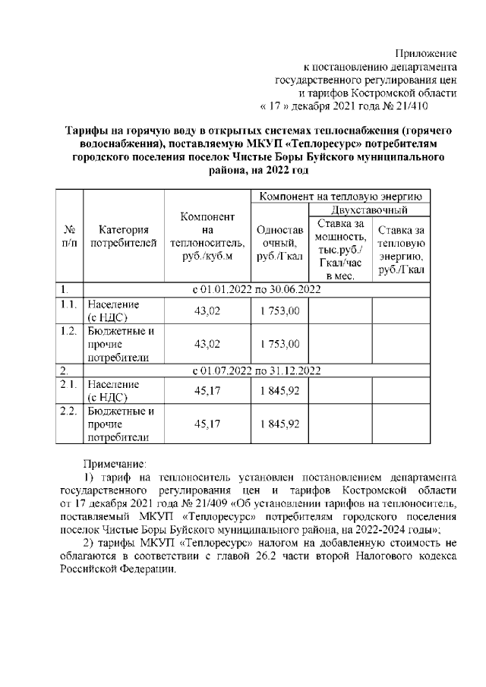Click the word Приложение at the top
[425, 54]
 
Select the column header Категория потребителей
[123, 236]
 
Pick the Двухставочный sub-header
[370, 210]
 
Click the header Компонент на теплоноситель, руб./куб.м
[207, 236]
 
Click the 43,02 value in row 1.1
[207, 310]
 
